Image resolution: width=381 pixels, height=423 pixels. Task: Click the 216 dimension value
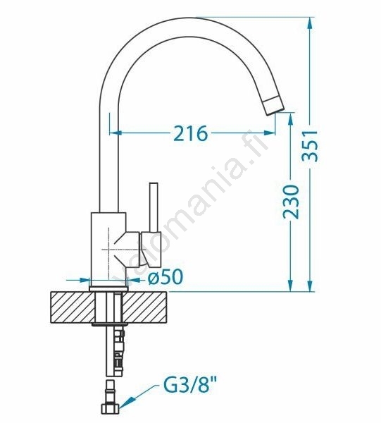click(x=191, y=133)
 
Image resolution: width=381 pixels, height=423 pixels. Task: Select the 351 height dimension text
click(x=310, y=146)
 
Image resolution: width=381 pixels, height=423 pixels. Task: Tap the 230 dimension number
click(x=291, y=202)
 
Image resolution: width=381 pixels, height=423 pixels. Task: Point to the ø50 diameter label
click(x=165, y=276)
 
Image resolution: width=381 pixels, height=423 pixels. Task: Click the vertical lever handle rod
click(x=154, y=207)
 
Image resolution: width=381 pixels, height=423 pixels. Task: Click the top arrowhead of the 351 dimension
click(x=311, y=24)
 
